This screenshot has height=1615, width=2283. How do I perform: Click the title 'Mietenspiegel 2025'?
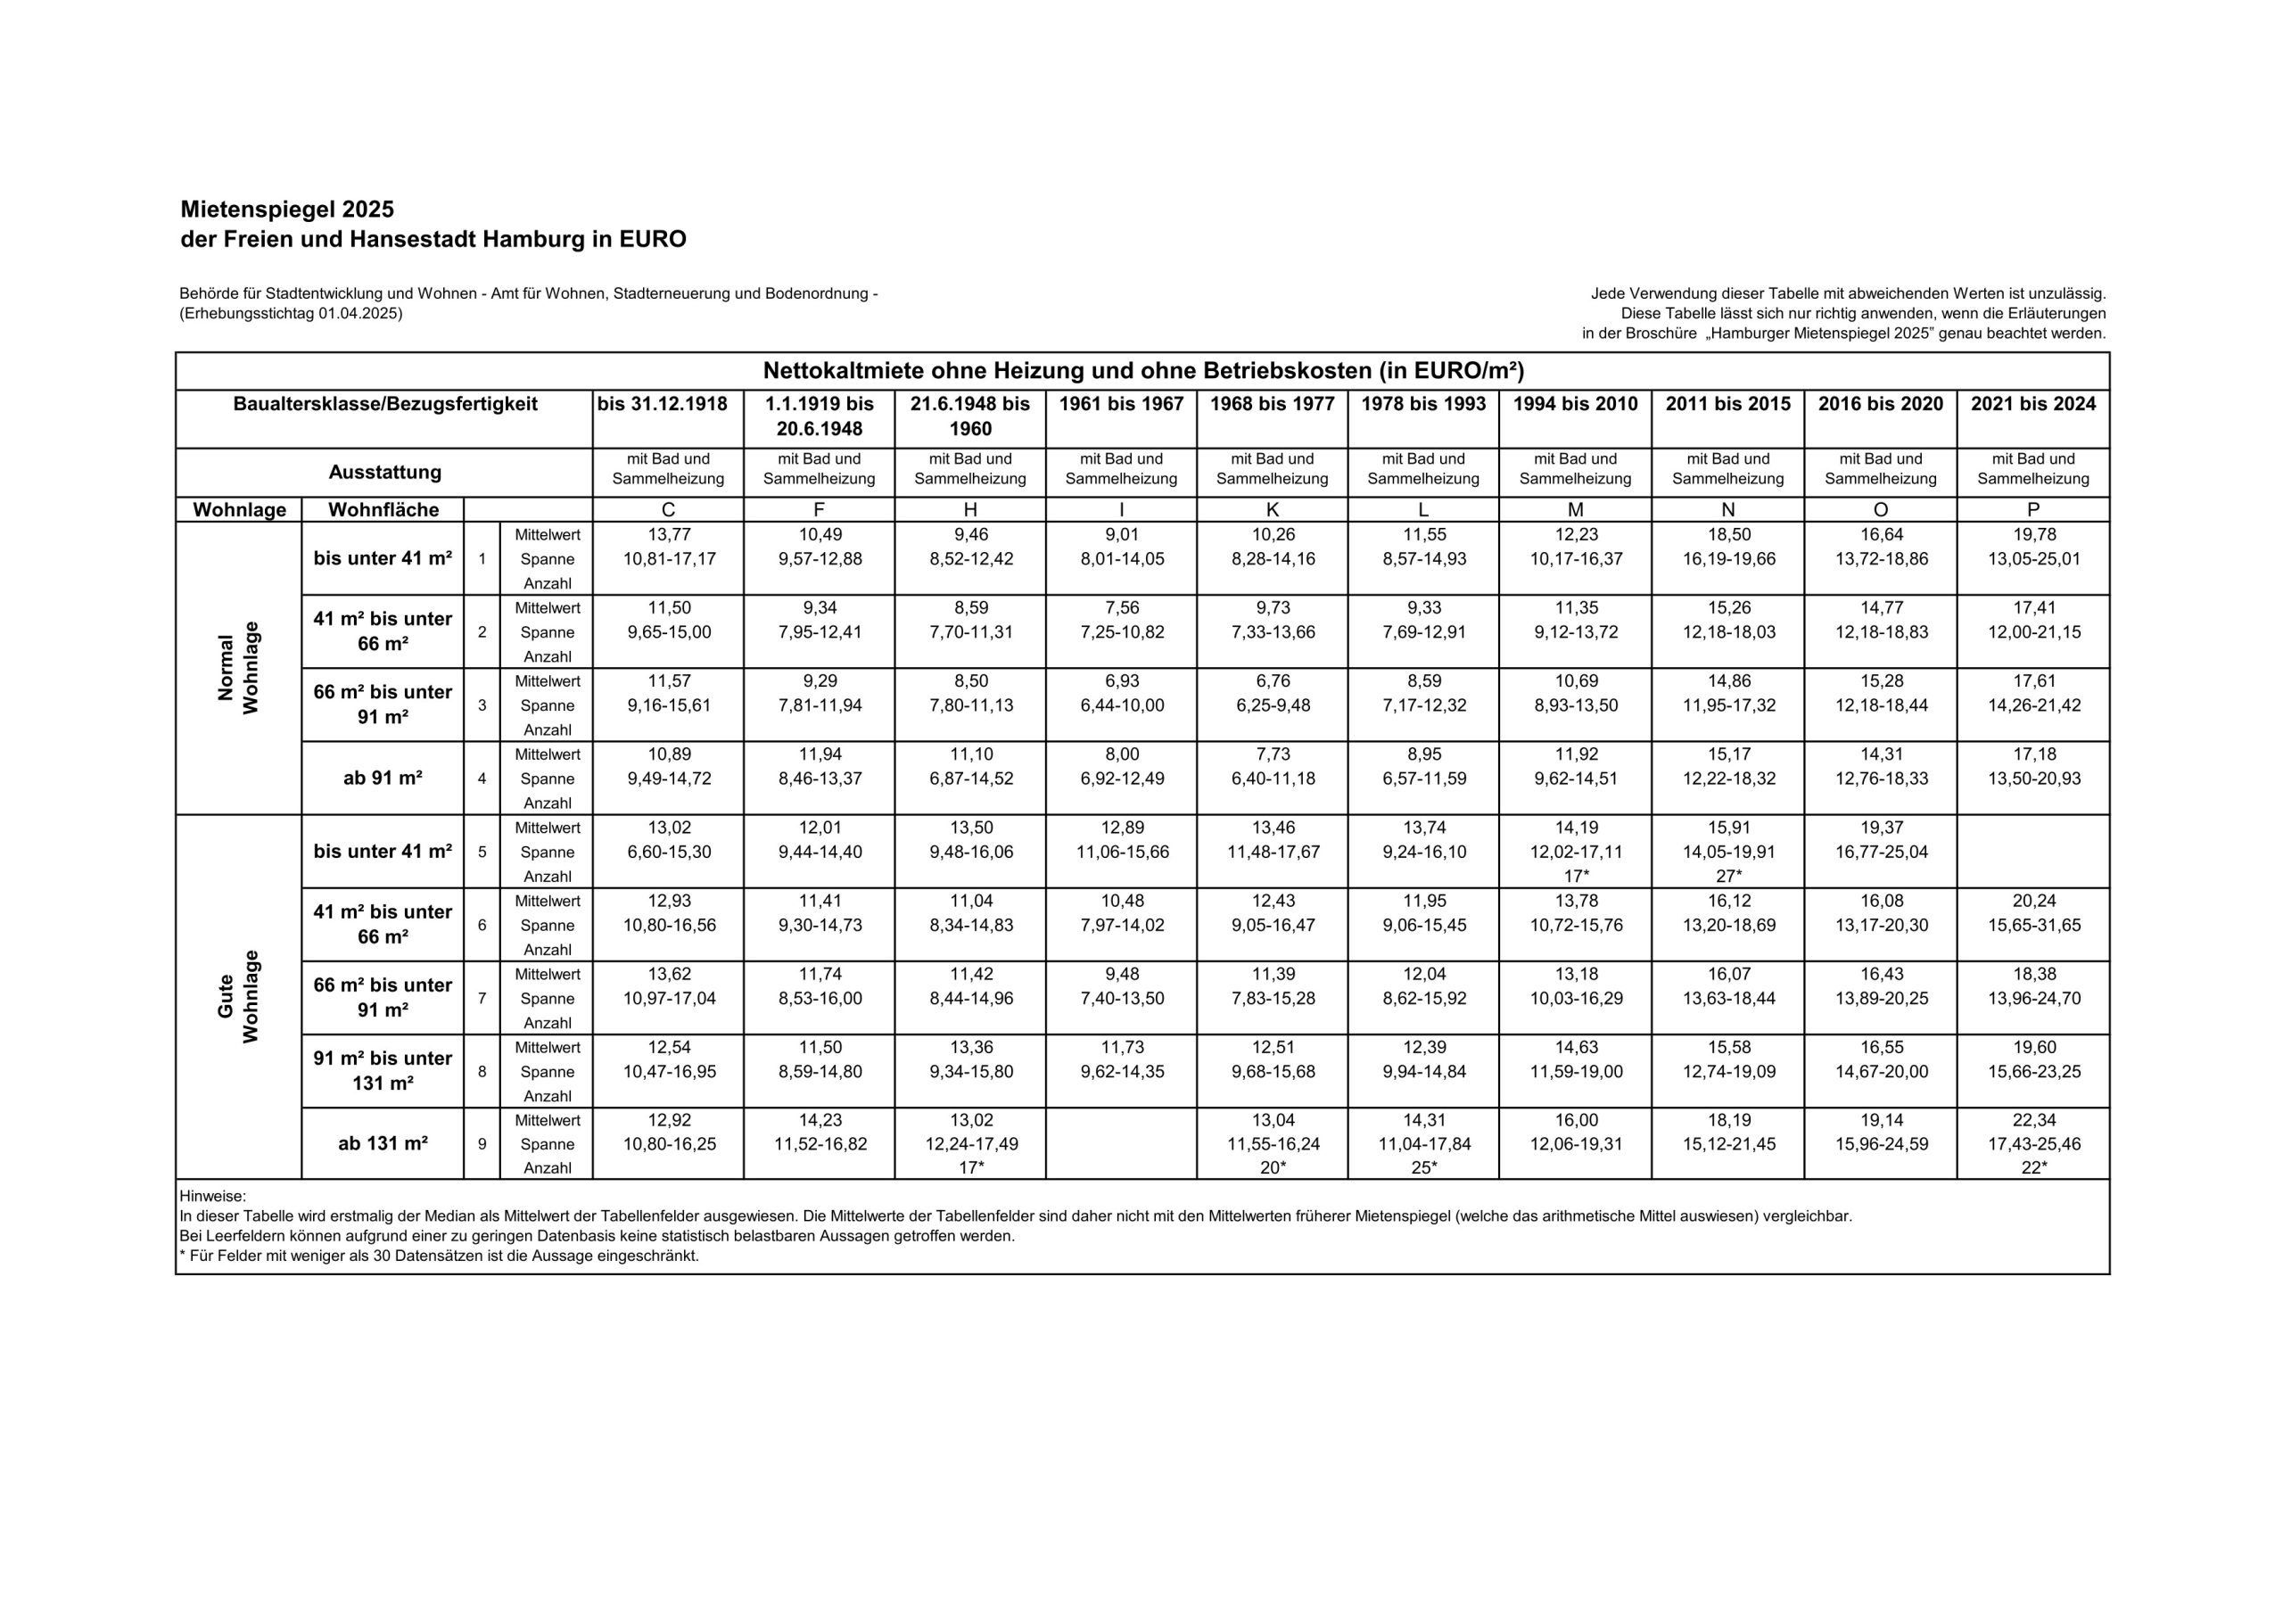click(287, 210)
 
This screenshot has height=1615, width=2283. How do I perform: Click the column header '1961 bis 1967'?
click(1121, 404)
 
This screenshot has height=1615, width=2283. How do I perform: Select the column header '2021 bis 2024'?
click(2032, 404)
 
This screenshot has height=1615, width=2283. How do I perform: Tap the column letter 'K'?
click(1272, 510)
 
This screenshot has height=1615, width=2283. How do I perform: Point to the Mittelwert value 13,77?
click(669, 535)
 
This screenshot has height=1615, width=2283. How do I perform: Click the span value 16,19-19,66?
click(1728, 559)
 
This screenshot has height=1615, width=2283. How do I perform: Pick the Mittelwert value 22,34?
click(2033, 1121)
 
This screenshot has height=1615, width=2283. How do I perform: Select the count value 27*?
click(1728, 876)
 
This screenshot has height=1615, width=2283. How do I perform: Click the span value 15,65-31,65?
click(2033, 925)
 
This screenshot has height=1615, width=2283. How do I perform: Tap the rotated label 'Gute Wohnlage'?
click(239, 996)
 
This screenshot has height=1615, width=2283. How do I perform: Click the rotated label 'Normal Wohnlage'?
click(239, 667)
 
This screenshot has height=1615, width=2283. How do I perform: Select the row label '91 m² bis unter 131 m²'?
click(383, 1071)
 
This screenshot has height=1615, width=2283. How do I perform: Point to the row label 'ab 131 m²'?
click(383, 1143)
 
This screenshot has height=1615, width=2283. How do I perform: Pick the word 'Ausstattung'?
click(384, 474)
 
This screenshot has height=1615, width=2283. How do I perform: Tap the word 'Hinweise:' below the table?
click(213, 1197)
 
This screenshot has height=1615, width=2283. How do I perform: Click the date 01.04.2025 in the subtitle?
click(359, 314)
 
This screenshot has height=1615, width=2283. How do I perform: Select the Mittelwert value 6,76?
click(1272, 681)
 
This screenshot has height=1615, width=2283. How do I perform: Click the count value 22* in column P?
click(2033, 1168)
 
